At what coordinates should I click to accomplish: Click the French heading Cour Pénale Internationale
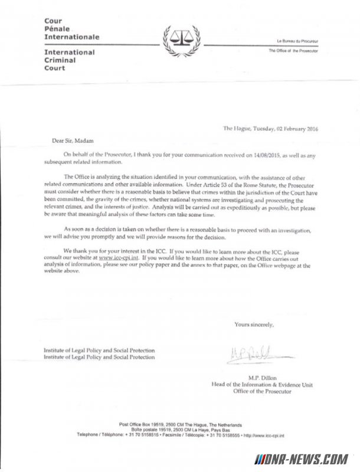[71, 29]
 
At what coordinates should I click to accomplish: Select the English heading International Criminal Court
[70, 60]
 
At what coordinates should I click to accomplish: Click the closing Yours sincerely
[254, 324]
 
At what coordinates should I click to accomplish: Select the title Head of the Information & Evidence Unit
[262, 385]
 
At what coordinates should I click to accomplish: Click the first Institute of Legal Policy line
[99, 350]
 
